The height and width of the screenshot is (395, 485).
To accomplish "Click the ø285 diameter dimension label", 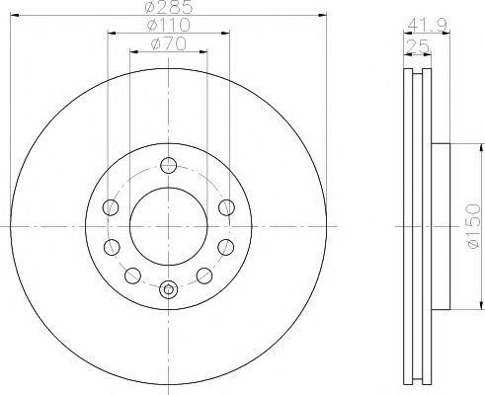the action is tap(168, 7).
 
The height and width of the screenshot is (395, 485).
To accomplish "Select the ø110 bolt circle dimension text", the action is tap(169, 25).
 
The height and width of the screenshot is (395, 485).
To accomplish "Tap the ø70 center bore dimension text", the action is tap(169, 43).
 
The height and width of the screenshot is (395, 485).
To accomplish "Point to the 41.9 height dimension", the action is tap(427, 25).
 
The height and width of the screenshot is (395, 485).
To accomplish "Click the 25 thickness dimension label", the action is tap(418, 45).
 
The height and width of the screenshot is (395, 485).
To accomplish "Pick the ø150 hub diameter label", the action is tap(473, 226).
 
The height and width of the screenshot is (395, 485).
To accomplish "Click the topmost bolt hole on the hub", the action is tap(169, 165).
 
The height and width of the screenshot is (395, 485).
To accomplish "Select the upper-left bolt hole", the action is tap(111, 207).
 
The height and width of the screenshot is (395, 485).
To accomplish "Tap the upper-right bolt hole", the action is tap(227, 207).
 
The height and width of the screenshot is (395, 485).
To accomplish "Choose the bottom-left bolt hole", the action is tap(132, 276).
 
